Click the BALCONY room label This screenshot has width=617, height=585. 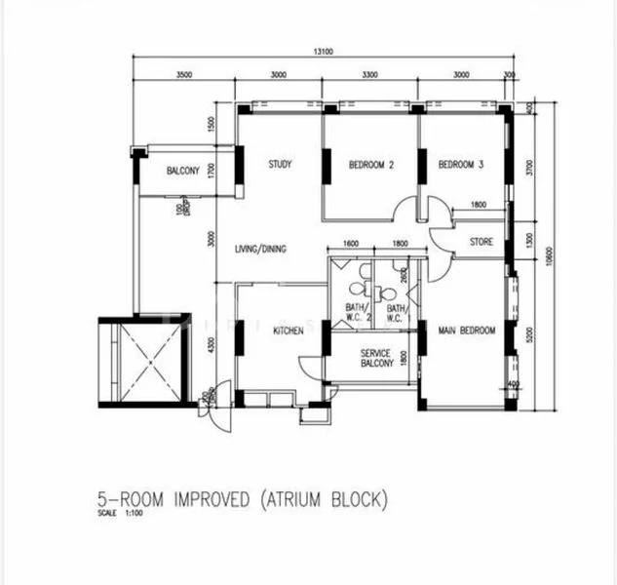pos(182,171)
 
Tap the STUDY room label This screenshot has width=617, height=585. pos(280,164)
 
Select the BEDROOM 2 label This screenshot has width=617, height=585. pos(370,165)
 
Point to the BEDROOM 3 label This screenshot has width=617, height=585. pos(461,165)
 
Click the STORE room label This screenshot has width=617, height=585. pos(481,242)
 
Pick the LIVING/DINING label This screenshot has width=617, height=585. pos(260,250)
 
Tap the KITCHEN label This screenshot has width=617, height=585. pos(289,331)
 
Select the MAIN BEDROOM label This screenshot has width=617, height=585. pos(466,331)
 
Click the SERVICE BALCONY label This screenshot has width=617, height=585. pos(375,358)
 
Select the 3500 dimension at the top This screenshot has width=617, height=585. pos(177,75)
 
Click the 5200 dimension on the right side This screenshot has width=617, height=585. pos(529,333)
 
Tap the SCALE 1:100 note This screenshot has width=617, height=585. pos(119,514)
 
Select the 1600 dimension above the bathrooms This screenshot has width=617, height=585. pos(352,244)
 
